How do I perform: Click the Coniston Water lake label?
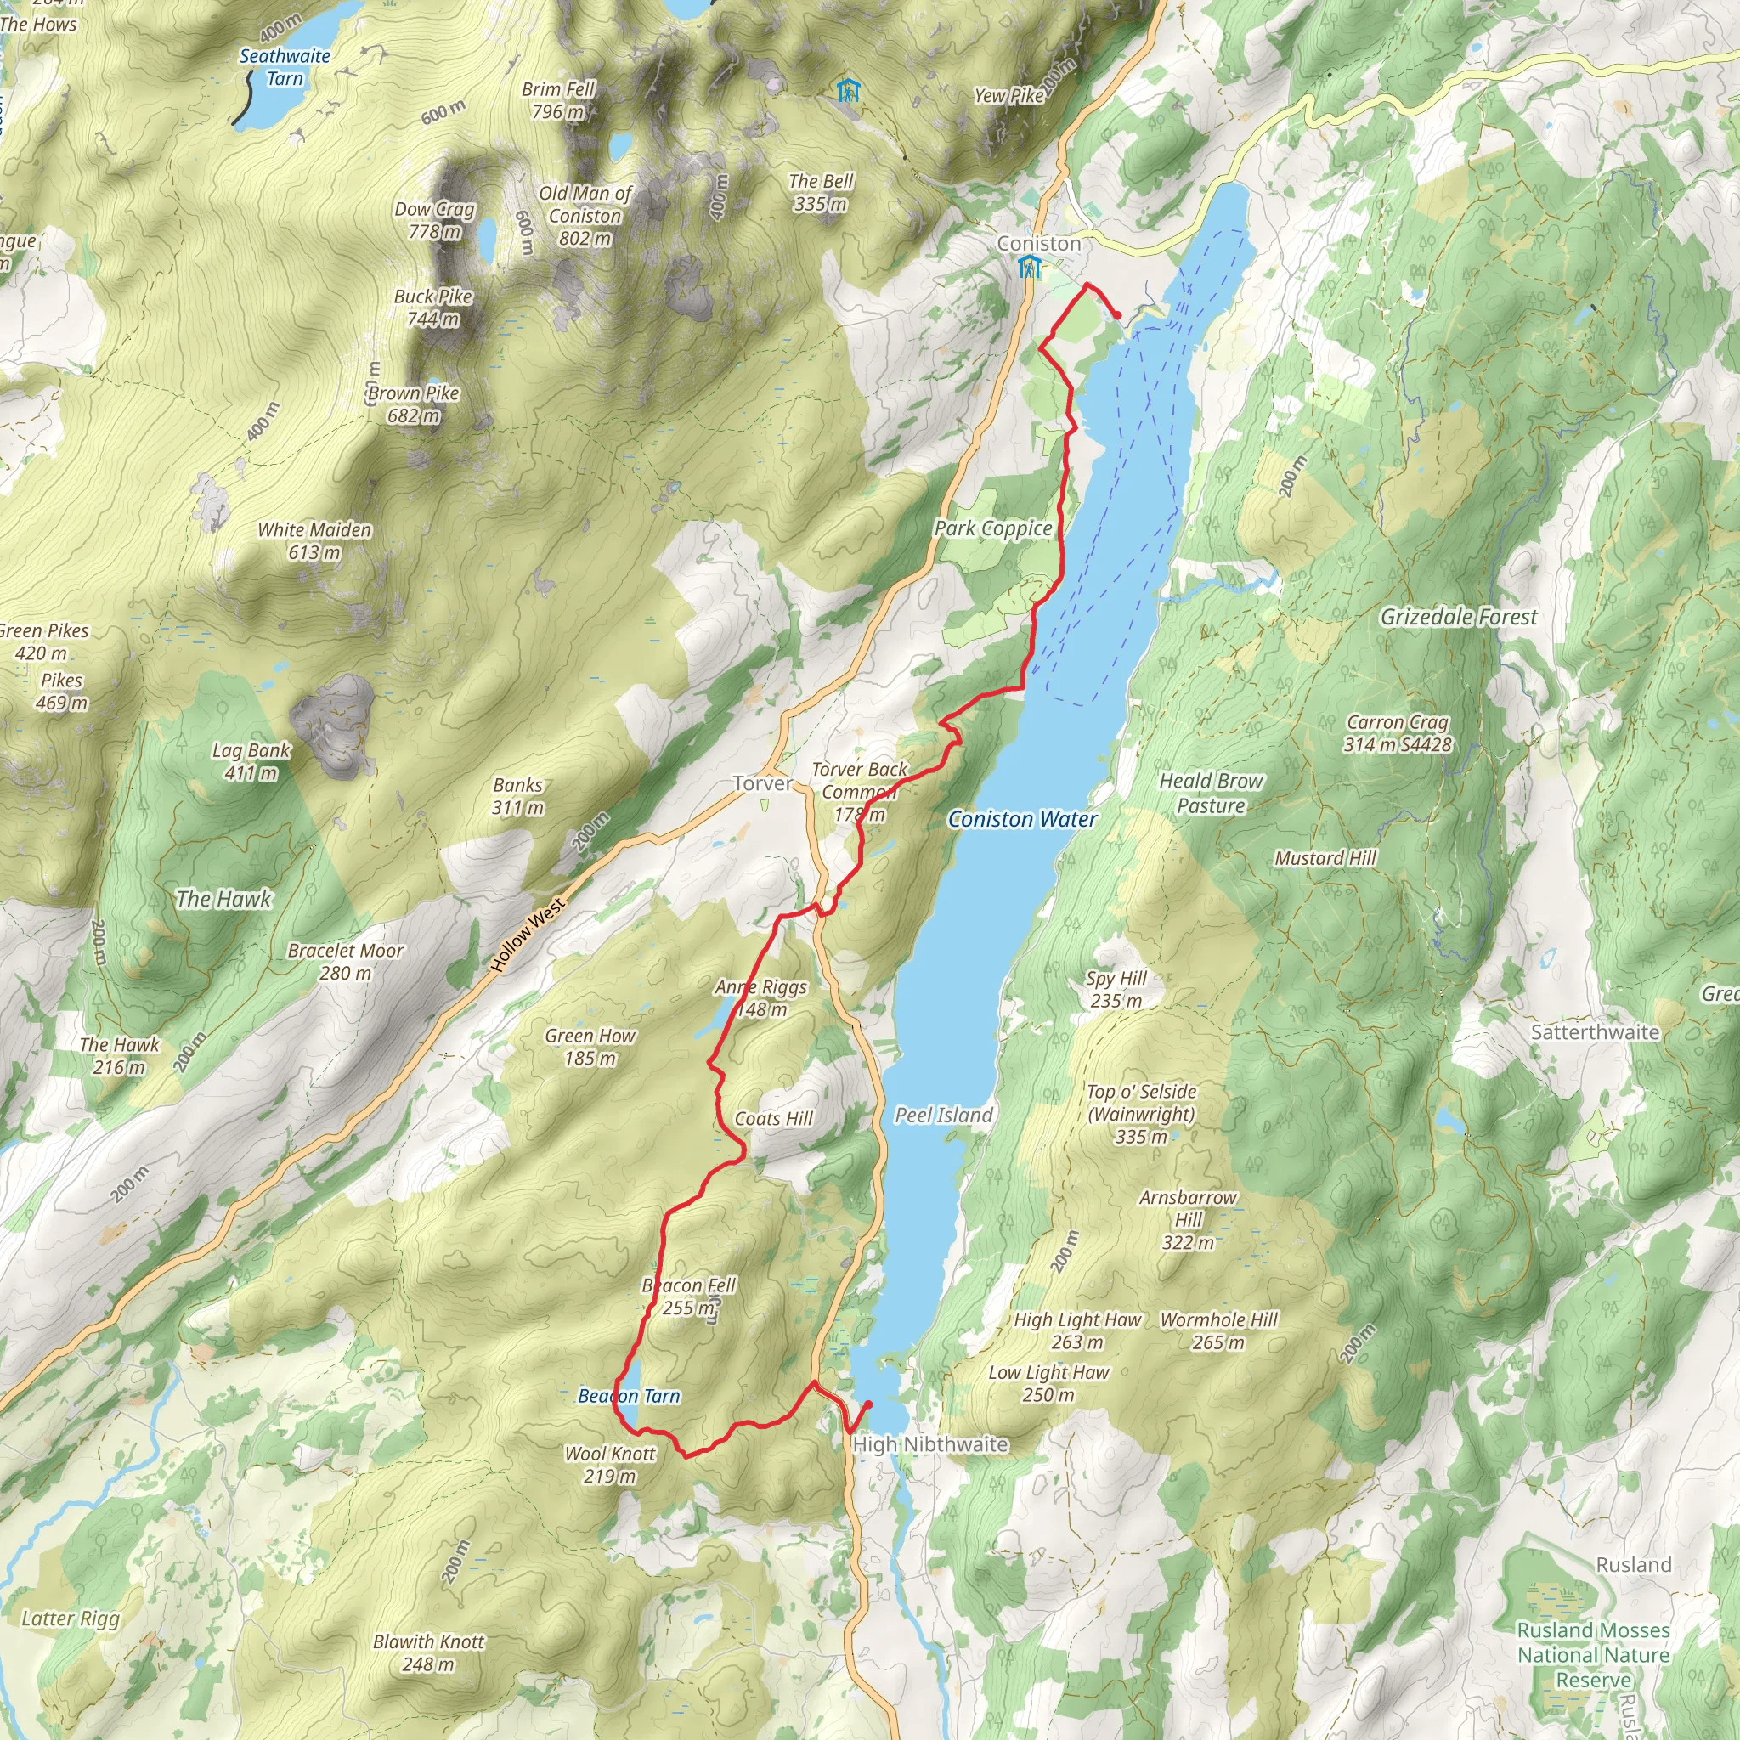[1022, 820]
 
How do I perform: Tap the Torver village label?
[763, 783]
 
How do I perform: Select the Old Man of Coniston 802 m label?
[585, 216]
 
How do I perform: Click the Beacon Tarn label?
[629, 1396]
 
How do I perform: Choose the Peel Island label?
[943, 1115]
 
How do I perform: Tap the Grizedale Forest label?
[1458, 617]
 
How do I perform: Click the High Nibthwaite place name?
[929, 1443]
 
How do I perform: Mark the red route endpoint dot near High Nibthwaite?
[868, 1404]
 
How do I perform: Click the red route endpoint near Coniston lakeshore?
[1118, 315]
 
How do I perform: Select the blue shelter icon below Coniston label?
[1029, 268]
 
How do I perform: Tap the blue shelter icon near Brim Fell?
[847, 90]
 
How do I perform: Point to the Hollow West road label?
[528, 935]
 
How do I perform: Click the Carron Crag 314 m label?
[1397, 733]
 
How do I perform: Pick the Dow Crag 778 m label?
[435, 221]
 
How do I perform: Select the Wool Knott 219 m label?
[610, 1465]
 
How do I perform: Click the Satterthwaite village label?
[1594, 1032]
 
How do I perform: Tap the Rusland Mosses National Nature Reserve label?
[1593, 1655]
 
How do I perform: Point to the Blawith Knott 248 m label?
[429, 1652]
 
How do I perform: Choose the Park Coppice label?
[992, 528]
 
